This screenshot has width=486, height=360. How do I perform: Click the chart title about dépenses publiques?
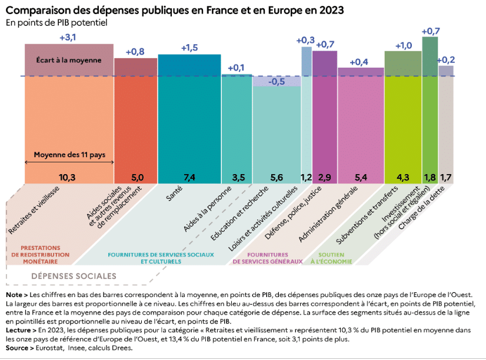tap(175, 10)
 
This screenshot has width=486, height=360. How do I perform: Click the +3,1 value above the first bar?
tap(68, 37)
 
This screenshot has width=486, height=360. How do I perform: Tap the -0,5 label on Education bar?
tap(277, 82)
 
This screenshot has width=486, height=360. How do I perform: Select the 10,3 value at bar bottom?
tap(69, 176)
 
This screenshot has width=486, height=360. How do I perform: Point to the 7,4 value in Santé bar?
tap(189, 176)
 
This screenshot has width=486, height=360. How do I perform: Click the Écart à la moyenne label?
tap(69, 60)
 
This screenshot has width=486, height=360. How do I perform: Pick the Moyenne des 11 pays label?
tap(69, 155)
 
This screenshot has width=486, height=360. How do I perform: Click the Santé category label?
tap(174, 193)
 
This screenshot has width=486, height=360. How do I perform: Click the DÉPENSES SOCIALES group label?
tap(74, 275)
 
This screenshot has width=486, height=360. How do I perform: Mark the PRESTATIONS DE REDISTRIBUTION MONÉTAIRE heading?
tap(41, 254)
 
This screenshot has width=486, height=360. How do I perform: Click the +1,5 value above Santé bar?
tap(189, 48)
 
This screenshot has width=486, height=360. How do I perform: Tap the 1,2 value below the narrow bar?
tap(306, 176)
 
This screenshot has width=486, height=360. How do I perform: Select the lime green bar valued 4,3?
tap(403, 129)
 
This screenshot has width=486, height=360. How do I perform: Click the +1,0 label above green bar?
tap(403, 45)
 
